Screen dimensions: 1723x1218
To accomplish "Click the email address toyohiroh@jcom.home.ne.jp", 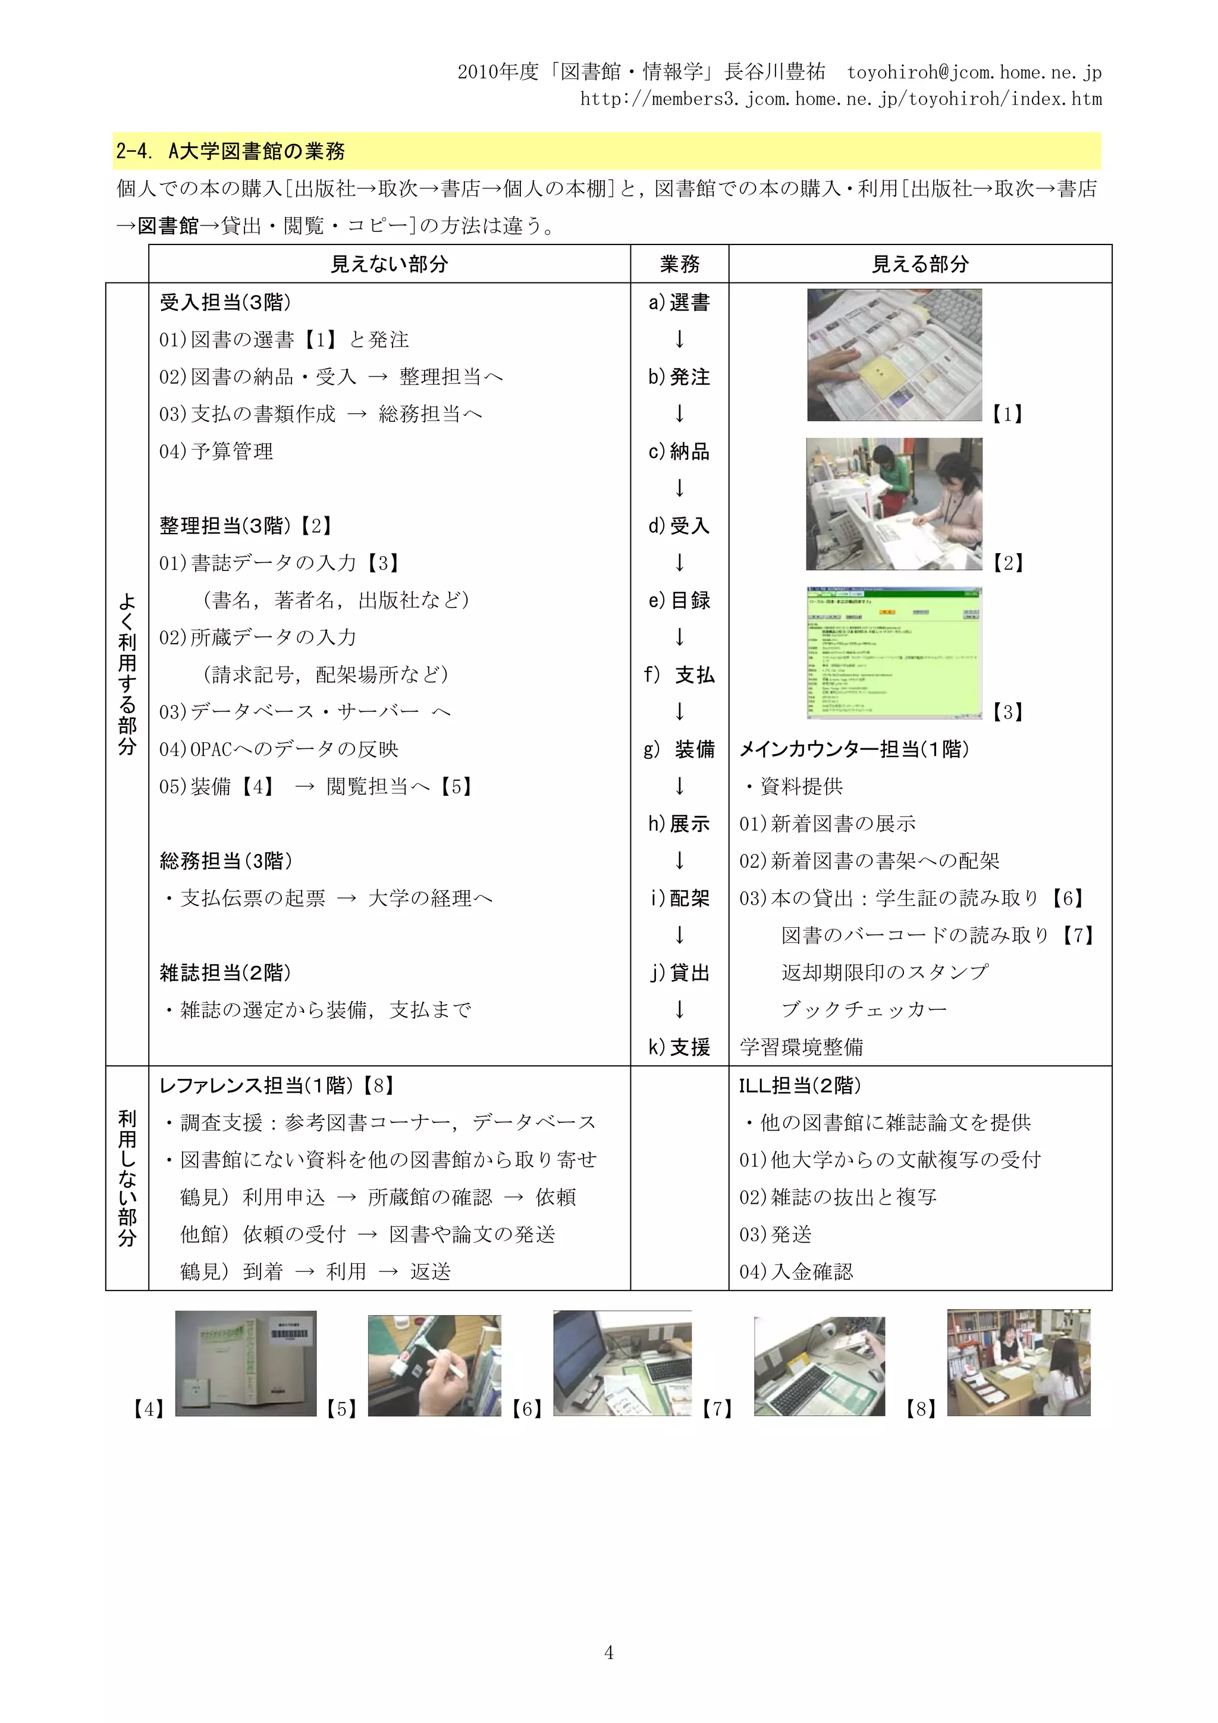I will click(x=974, y=72).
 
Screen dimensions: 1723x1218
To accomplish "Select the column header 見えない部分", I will click(x=390, y=264).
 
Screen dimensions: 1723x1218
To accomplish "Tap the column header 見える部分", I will click(x=920, y=264).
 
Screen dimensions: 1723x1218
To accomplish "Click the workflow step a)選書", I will click(x=679, y=302).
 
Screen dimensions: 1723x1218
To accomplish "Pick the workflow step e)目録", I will click(x=679, y=600).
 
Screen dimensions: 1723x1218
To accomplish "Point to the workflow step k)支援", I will click(x=679, y=1047).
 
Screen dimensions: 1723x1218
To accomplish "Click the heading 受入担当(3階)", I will click(x=225, y=302).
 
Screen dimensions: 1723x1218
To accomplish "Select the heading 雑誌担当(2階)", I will click(x=225, y=972).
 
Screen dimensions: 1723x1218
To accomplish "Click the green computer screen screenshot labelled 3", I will click(x=894, y=654).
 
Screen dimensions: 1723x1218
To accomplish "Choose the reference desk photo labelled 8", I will click(x=1018, y=1363).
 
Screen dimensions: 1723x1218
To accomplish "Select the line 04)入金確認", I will click(x=796, y=1271).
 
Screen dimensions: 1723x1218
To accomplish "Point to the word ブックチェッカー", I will click(x=864, y=1009).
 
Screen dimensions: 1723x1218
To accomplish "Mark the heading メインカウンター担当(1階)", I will click(x=854, y=749).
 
